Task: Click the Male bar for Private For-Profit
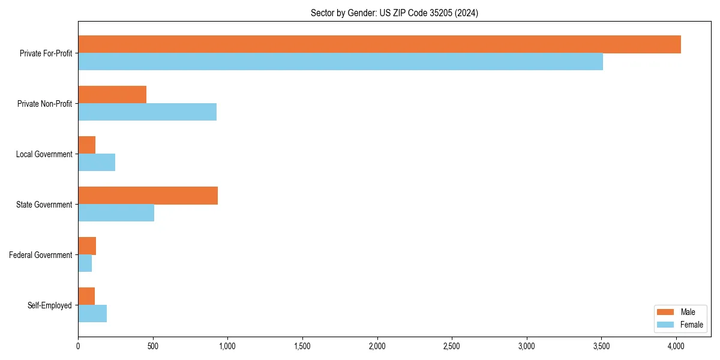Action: click(x=379, y=44)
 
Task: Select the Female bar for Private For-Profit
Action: click(x=340, y=62)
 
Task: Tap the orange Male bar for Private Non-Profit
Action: click(x=112, y=95)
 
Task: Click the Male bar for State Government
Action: click(x=148, y=196)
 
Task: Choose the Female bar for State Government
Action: click(x=116, y=213)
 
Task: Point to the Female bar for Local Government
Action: click(x=97, y=163)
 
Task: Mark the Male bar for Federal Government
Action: click(x=87, y=246)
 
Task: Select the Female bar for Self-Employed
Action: click(x=92, y=314)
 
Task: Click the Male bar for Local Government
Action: click(x=86, y=145)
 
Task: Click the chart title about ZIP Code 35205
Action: click(x=394, y=13)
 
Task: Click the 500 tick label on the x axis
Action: click(x=153, y=346)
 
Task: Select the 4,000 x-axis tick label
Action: click(x=676, y=346)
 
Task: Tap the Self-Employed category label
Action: click(x=49, y=305)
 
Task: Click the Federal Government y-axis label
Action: click(x=40, y=255)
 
